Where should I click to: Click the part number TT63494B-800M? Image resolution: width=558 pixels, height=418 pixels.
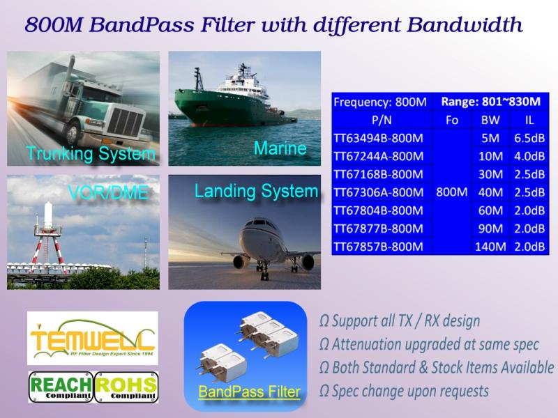pos(378,138)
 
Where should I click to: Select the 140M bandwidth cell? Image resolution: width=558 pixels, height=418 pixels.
pos(490,247)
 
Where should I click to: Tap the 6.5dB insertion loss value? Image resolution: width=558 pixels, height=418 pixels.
pos(529,138)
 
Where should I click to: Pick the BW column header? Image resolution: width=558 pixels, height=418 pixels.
pos(490,120)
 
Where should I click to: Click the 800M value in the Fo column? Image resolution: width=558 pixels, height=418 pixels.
pos(451,192)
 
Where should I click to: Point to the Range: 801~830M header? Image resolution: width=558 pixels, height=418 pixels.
pos(491,102)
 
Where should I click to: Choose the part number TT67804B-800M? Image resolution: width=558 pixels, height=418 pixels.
pos(378,210)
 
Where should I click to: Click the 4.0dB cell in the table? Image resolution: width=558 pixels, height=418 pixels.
pos(529,156)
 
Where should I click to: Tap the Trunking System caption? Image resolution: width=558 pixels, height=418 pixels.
pos(91,154)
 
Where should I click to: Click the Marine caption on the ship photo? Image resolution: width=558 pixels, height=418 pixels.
pos(280,148)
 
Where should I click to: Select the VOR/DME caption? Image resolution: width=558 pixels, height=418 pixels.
pos(108,193)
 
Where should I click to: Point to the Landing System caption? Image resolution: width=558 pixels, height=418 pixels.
pos(256,192)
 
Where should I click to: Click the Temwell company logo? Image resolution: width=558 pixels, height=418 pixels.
pos(93,338)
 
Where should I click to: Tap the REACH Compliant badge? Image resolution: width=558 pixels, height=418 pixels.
pos(61,387)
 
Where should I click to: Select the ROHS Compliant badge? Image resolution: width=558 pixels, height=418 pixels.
pos(126,387)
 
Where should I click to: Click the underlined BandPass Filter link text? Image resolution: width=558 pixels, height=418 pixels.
pos(249,392)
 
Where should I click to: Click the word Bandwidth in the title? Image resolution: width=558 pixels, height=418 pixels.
pos(465,25)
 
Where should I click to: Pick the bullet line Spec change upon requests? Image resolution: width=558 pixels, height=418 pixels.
pos(405,392)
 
